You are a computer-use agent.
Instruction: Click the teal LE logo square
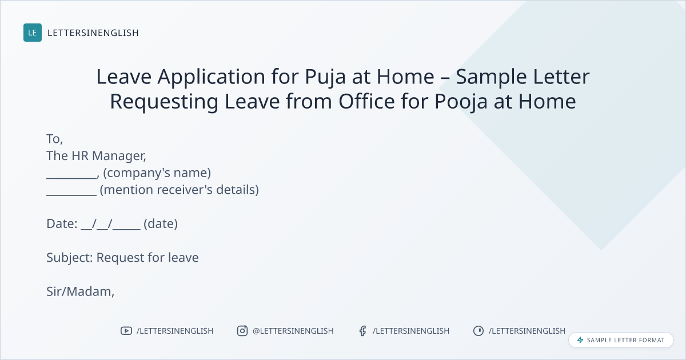[33, 33]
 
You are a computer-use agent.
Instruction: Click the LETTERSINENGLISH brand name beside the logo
[93, 33]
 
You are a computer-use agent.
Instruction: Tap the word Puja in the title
[325, 77]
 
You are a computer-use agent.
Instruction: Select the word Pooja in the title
[461, 102]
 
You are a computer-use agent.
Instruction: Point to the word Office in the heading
[366, 101]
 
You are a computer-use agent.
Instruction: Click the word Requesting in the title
[164, 102]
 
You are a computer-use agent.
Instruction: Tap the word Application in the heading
[212, 77]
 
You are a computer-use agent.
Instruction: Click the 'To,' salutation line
[55, 139]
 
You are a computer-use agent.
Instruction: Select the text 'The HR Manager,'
[96, 156]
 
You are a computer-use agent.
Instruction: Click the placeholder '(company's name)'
[157, 173]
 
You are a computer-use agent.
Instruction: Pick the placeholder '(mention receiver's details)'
[180, 190]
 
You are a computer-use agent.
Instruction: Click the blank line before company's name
[71, 178]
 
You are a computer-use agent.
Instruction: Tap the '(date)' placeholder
[161, 224]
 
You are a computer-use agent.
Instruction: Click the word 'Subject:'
[70, 258]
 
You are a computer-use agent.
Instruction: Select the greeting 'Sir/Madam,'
[80, 292]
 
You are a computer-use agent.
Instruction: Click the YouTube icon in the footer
[126, 331]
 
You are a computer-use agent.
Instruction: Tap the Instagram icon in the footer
[242, 331]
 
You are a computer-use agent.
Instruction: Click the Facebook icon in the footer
[362, 331]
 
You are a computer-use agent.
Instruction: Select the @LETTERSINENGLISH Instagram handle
[293, 331]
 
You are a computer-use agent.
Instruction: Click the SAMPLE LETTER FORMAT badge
[621, 340]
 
